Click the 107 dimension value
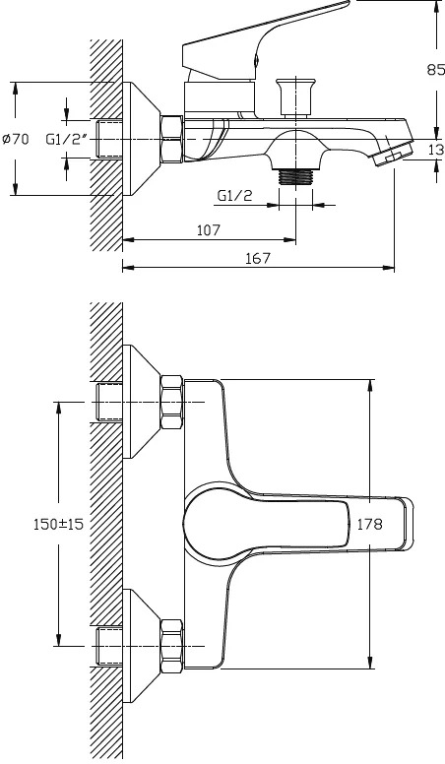tap(209, 230)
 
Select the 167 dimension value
tap(257, 258)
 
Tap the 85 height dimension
tap(436, 70)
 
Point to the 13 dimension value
tap(437, 150)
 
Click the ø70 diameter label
tap(16, 140)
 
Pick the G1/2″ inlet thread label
tap(66, 140)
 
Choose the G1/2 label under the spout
tap(235, 196)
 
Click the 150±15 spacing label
tap(58, 524)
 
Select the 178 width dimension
tap(370, 524)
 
